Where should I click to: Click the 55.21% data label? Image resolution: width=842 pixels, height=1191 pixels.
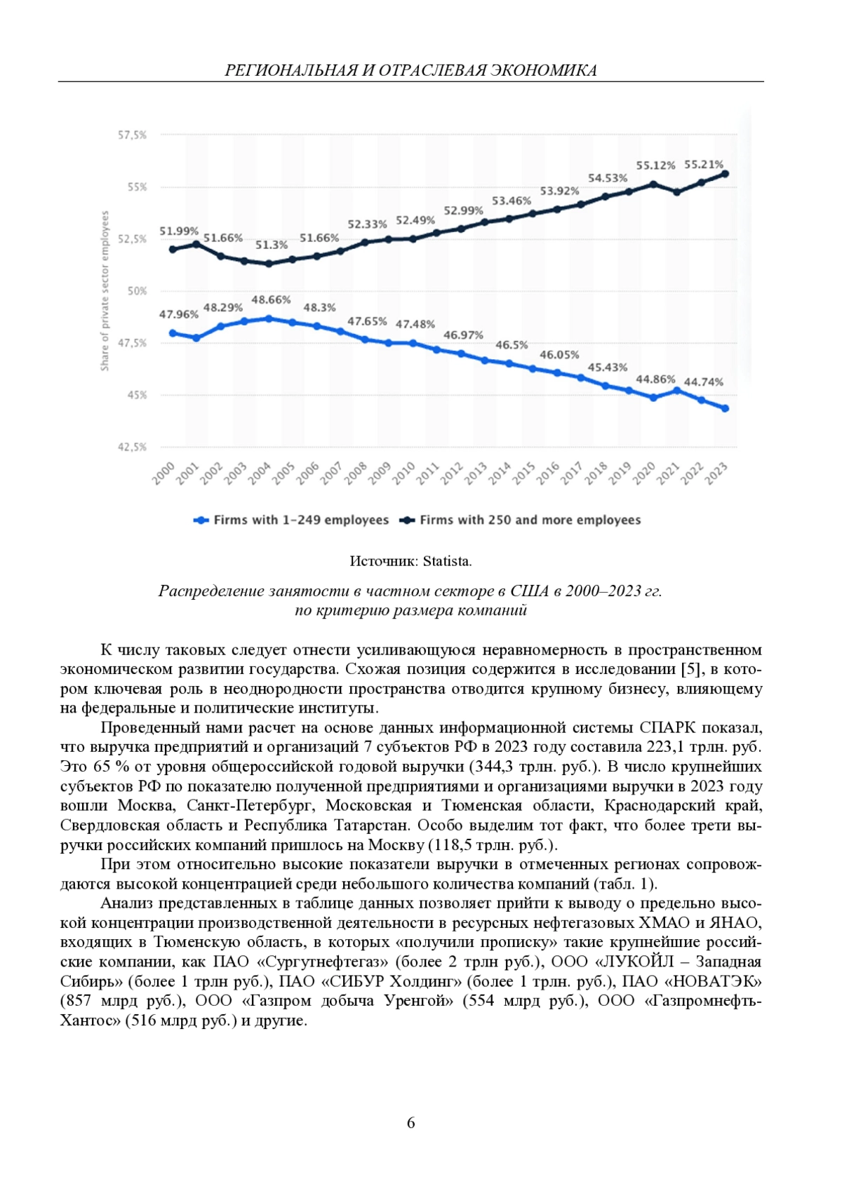(x=703, y=165)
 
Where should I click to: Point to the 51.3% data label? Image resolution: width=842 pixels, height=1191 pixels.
(x=271, y=245)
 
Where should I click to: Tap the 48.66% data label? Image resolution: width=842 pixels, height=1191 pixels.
(x=271, y=300)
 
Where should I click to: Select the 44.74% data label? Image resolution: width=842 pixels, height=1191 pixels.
(x=703, y=382)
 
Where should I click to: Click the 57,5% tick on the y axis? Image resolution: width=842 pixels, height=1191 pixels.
(x=132, y=135)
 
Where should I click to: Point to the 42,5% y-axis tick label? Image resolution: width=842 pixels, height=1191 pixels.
(x=132, y=447)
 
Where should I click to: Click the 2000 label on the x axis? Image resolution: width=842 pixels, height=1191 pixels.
(x=163, y=473)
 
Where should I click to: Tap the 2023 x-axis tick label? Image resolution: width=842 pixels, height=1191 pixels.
(x=716, y=473)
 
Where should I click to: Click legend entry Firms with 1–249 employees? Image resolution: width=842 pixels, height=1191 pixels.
(x=300, y=520)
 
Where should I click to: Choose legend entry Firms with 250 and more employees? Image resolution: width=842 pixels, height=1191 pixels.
(x=530, y=520)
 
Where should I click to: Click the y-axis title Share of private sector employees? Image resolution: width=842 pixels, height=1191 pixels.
(x=105, y=291)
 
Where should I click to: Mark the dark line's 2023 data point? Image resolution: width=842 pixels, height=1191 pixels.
(x=725, y=174)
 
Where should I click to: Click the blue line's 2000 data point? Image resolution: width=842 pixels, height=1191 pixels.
(x=173, y=333)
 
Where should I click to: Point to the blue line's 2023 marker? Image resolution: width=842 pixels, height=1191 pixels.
(x=725, y=408)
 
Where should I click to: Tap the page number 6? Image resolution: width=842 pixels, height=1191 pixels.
(x=411, y=1122)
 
